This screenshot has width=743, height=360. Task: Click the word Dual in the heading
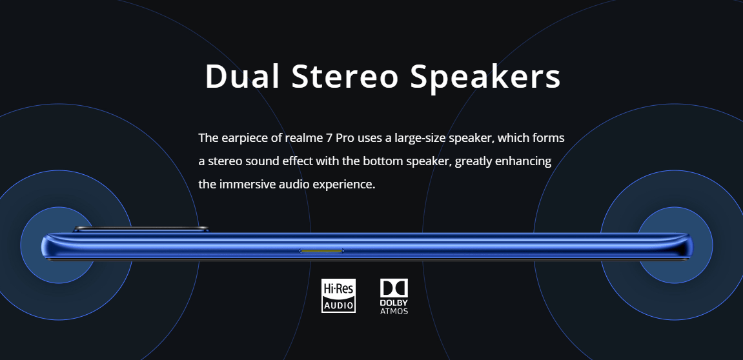(242, 75)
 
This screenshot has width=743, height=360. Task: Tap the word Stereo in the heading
(345, 75)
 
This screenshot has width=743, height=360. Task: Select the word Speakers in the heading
(485, 77)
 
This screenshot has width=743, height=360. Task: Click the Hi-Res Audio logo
(338, 295)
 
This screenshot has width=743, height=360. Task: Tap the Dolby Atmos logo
(394, 297)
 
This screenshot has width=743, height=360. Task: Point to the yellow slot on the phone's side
(321, 250)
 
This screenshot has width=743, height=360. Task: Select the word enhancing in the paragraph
(523, 162)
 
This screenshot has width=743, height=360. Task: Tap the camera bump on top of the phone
(141, 229)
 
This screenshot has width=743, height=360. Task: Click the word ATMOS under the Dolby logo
(394, 311)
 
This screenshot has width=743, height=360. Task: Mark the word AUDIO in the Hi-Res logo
(338, 306)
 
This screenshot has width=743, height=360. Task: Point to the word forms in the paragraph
(549, 138)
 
